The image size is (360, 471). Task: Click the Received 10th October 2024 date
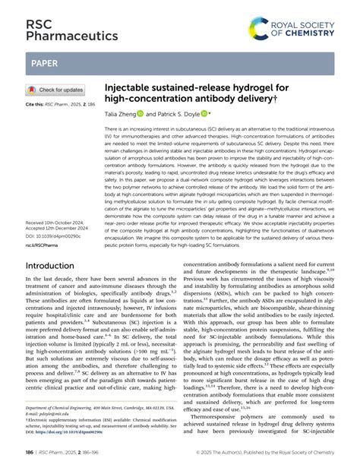(x=61, y=202)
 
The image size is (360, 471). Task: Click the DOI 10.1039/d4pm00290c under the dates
(x=55, y=217)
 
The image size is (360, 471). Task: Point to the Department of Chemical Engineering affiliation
(x=99, y=407)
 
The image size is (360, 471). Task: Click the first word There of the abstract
(x=112, y=131)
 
